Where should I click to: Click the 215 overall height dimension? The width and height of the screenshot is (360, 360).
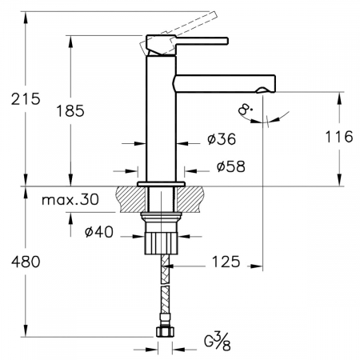coord(26,99)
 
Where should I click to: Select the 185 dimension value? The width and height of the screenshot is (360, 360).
coord(70,110)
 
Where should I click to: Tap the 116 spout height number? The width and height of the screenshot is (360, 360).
coord(339,137)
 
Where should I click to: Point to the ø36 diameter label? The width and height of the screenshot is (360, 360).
coord(222,139)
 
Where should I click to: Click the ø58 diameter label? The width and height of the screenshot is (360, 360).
coord(231,166)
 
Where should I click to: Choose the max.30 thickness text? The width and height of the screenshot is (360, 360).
coord(70,199)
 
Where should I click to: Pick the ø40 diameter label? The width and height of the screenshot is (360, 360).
coord(99,232)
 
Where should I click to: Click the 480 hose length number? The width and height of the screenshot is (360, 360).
coord(26,262)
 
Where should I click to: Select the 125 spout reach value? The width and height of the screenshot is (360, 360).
coord(226,262)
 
